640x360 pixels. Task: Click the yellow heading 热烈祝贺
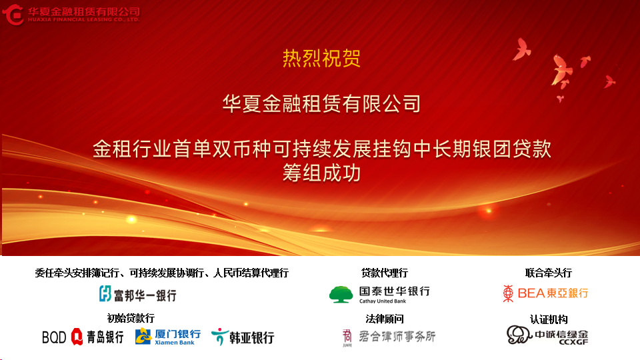pyautogui.click(x=321, y=59)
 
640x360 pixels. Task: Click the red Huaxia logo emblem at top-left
pyautogui.click(x=13, y=15)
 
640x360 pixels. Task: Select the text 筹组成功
pyautogui.click(x=321, y=173)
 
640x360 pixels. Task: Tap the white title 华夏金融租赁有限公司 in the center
pyautogui.click(x=321, y=103)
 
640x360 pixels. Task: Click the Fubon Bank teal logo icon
pyautogui.click(x=105, y=293)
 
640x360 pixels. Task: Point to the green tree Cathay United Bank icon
pyautogui.click(x=341, y=294)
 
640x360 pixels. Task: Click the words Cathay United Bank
pyautogui.click(x=383, y=301)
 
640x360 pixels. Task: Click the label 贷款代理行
pyautogui.click(x=384, y=273)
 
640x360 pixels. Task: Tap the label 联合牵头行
pyautogui.click(x=548, y=273)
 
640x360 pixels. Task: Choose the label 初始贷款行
pyautogui.click(x=131, y=318)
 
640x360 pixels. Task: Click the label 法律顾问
pyautogui.click(x=384, y=319)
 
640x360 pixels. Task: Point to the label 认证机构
pyautogui.click(x=549, y=319)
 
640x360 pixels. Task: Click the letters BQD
pyautogui.click(x=54, y=337)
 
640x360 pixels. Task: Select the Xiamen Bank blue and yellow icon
pyautogui.click(x=143, y=336)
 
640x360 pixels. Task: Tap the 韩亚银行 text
pyautogui.click(x=251, y=338)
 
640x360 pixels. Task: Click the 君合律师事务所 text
pyautogui.click(x=397, y=336)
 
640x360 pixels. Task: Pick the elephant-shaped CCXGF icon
pyautogui.click(x=519, y=335)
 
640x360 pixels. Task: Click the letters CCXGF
pyautogui.click(x=573, y=342)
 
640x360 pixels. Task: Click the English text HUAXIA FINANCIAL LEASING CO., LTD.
pyautogui.click(x=84, y=19)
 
